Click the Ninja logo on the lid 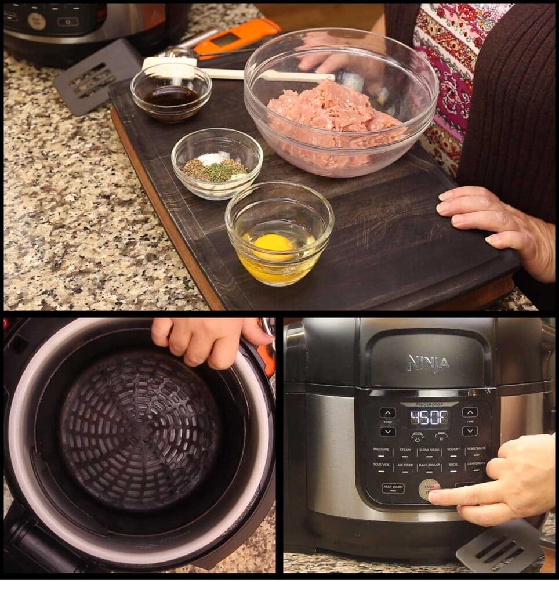[428, 363]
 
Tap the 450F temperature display [429, 418]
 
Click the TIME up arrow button [470, 412]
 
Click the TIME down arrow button [470, 431]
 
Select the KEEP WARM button [393, 488]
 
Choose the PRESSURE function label [381, 450]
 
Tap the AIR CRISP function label [405, 465]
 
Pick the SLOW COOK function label [429, 450]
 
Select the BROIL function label [453, 465]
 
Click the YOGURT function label [453, 450]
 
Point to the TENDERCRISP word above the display [429, 404]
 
